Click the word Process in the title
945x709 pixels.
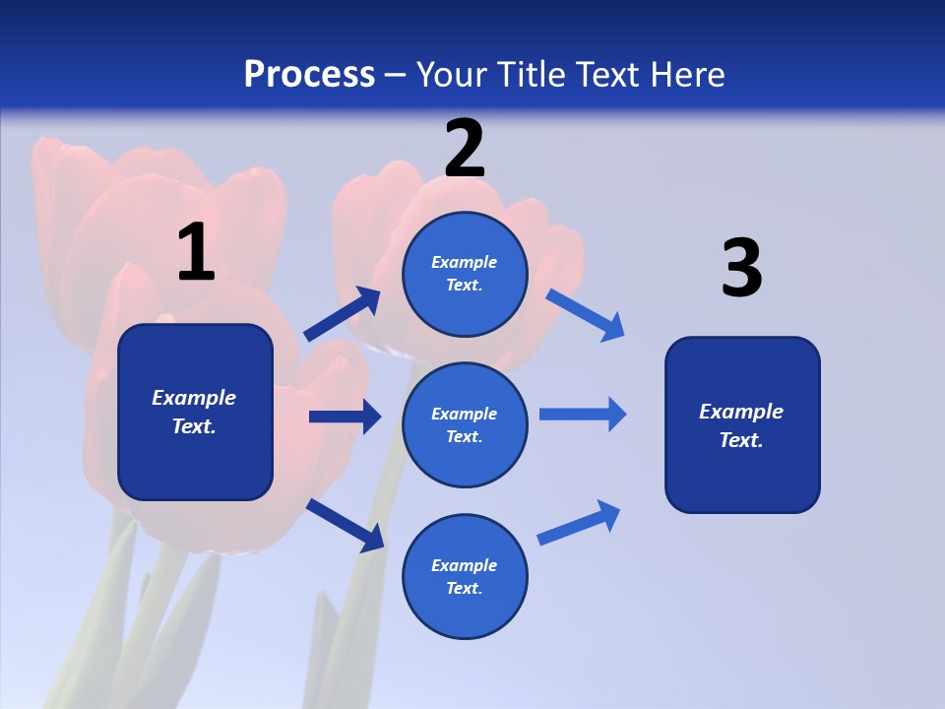click(x=309, y=75)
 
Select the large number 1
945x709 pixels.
click(x=196, y=253)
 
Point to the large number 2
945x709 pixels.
click(x=465, y=149)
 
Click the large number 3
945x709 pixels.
click(x=741, y=269)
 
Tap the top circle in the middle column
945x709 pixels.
click(x=465, y=274)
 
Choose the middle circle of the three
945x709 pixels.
click(x=465, y=424)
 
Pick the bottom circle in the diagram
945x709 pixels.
click(x=465, y=576)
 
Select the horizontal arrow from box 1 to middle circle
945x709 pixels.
click(x=345, y=417)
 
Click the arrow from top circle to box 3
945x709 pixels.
click(x=586, y=314)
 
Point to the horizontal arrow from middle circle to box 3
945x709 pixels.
click(x=583, y=415)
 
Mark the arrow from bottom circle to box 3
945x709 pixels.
click(x=579, y=523)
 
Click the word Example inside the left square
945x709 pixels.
click(x=194, y=398)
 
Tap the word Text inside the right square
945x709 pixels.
click(x=740, y=440)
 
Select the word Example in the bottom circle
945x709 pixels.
click(x=464, y=565)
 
